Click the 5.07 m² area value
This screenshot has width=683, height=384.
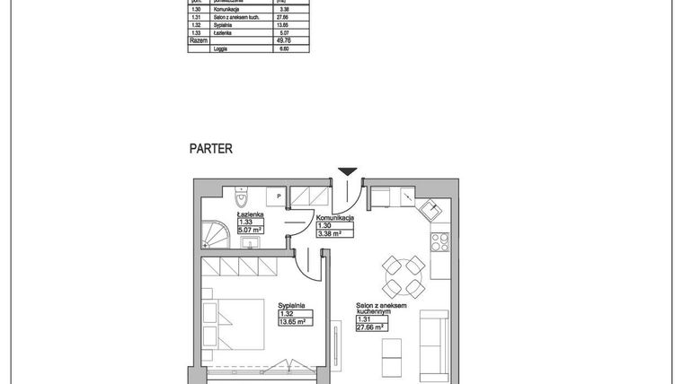(249, 230)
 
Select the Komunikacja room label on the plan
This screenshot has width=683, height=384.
(334, 218)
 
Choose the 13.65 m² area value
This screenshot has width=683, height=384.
(293, 320)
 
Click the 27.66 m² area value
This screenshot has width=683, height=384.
(369, 327)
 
